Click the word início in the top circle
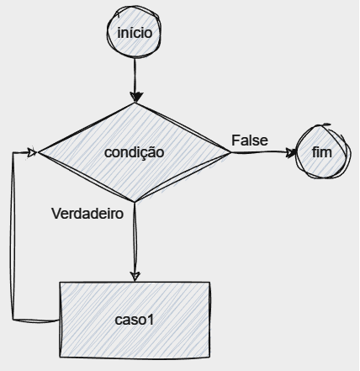click(135, 33)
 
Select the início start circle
click(134, 32)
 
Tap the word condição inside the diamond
click(135, 152)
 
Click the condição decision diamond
click(135, 152)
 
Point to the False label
click(250, 140)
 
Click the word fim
click(322, 152)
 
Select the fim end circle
click(323, 151)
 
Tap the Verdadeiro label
click(87, 214)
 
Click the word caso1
click(135, 320)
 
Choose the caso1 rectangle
click(135, 320)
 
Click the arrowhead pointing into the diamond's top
click(136, 98)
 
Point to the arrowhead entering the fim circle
click(291, 152)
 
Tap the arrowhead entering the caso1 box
click(135, 276)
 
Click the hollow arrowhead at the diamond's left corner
click(33, 152)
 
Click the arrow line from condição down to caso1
click(135, 241)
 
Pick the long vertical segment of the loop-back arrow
click(13, 236)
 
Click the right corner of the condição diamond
click(231, 152)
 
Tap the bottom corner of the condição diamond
click(135, 202)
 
